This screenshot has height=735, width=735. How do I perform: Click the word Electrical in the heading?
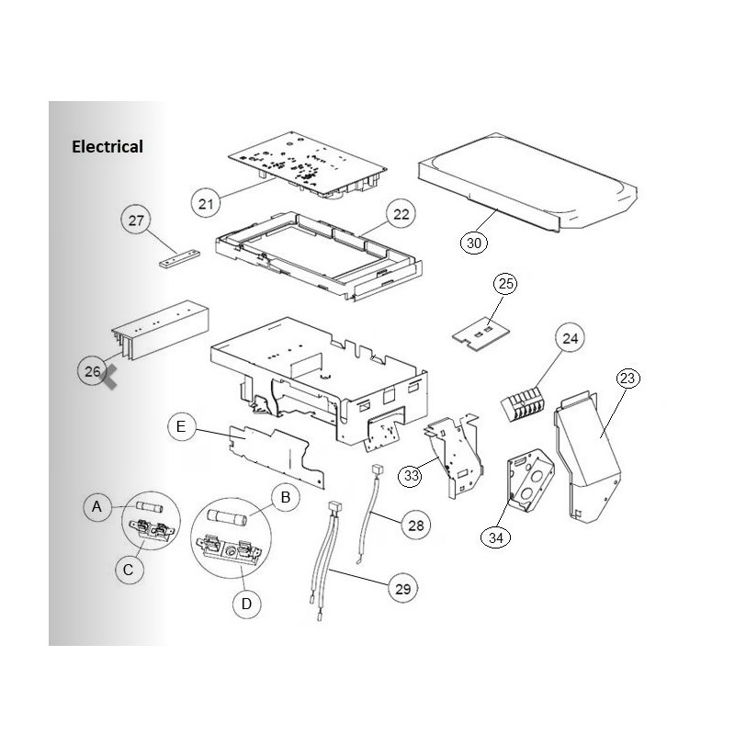click(x=107, y=147)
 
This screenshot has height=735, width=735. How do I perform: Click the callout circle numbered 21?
click(x=206, y=203)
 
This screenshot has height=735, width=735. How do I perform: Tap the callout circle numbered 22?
click(x=401, y=214)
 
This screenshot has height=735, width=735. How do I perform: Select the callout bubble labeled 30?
click(x=474, y=243)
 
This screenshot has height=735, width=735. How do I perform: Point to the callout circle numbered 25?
click(x=505, y=284)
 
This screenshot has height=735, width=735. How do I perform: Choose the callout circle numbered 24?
click(x=570, y=338)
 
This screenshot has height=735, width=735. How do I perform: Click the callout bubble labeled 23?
click(x=628, y=378)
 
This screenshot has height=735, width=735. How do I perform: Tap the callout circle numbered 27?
click(x=136, y=220)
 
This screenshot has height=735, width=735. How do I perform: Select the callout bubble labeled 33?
click(x=411, y=476)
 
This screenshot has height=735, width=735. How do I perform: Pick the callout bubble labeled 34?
click(x=496, y=537)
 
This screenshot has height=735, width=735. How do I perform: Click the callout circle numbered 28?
click(x=416, y=526)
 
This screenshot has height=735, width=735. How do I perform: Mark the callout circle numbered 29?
click(x=403, y=589)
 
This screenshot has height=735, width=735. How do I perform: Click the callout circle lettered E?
click(x=181, y=426)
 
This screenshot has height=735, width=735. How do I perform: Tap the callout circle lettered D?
click(x=246, y=604)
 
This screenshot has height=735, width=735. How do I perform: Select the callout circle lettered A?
click(x=97, y=507)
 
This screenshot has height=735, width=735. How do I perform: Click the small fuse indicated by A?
click(x=149, y=507)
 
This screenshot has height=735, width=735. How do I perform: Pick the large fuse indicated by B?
click(x=227, y=518)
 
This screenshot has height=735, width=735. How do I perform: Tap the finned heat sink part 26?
click(x=160, y=330)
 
